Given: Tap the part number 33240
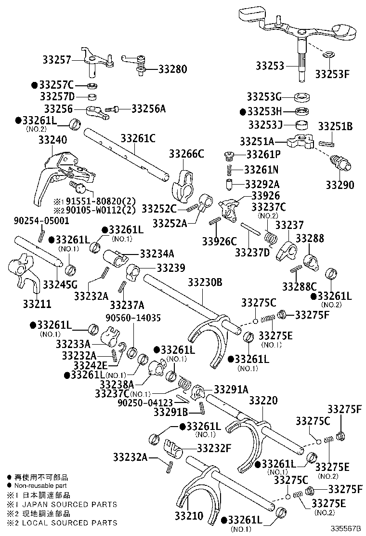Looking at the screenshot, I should [52, 140].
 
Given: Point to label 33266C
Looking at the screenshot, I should [186, 154].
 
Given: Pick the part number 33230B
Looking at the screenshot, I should [205, 282].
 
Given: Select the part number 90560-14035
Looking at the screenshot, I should [133, 318].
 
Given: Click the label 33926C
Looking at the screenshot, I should [220, 241].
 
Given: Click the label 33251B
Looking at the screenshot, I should [336, 127].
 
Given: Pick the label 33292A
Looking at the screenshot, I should [262, 184].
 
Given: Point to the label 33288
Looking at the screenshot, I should [310, 239].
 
